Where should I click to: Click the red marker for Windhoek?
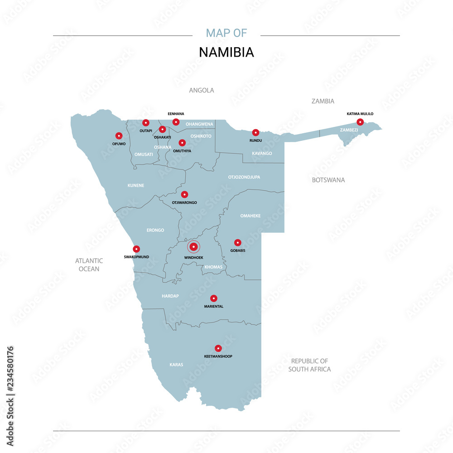click(194, 247)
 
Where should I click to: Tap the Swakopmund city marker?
click(136, 249)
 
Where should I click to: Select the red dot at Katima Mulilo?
click(360, 122)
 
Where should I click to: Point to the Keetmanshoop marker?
click(218, 348)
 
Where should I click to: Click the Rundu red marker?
click(255, 132)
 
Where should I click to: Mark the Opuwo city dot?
click(119, 135)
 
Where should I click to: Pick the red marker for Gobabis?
click(238, 242)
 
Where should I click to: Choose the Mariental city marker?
click(214, 298)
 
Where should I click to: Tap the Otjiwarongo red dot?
click(184, 194)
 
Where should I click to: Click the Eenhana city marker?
click(176, 122)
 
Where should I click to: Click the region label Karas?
click(176, 364)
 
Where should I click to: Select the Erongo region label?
click(155, 230)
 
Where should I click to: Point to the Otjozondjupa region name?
click(244, 177)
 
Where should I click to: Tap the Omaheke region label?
click(251, 216)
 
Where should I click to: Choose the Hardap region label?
click(170, 296)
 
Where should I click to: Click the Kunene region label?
click(136, 186)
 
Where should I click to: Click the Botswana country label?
click(328, 180)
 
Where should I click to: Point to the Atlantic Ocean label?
click(89, 265)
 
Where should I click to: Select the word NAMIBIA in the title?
click(226, 52)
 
